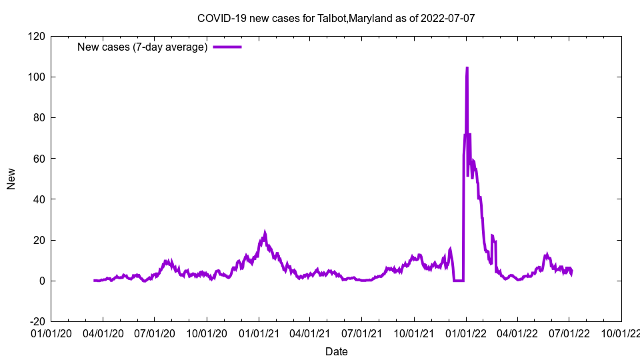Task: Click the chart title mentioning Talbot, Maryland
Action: [336, 18]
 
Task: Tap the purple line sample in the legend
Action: [227, 47]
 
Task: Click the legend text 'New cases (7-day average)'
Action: [143, 47]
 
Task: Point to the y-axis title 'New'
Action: [11, 179]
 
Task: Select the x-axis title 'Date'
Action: [336, 351]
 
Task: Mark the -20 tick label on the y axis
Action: [36, 321]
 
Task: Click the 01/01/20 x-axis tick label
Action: [51, 332]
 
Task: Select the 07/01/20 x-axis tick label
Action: [155, 332]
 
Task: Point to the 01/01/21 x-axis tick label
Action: [259, 332]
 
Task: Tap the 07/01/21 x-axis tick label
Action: [362, 332]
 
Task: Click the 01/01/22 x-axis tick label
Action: [466, 332]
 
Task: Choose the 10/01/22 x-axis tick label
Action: [621, 332]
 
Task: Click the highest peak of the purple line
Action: [467, 68]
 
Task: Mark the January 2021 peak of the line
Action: [265, 233]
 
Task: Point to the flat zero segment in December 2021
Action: [458, 281]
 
